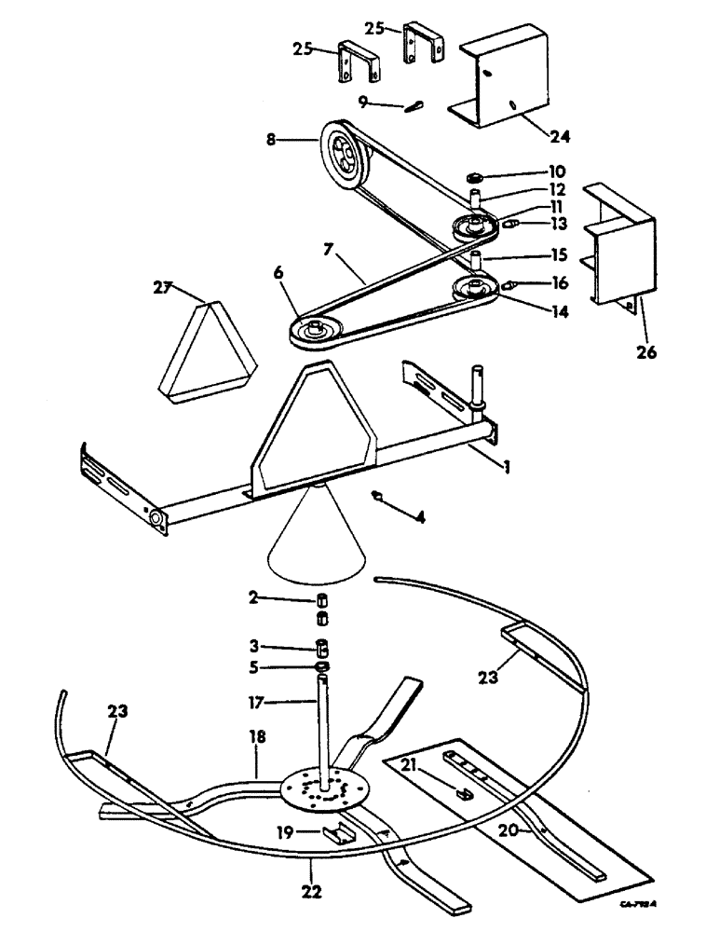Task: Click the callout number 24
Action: [561, 135]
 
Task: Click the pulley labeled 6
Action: [315, 331]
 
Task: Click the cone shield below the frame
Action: [317, 536]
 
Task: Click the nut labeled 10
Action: [473, 175]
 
